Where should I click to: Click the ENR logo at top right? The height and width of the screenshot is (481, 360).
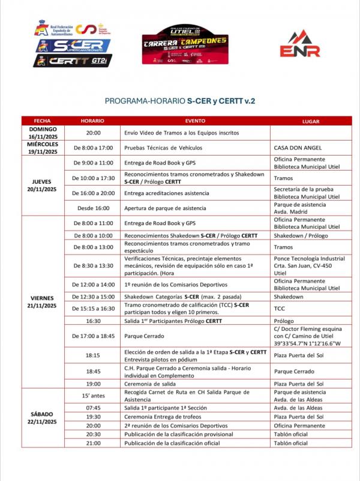pyautogui.click(x=300, y=44)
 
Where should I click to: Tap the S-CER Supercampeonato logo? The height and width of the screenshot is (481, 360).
pyautogui.click(x=73, y=45)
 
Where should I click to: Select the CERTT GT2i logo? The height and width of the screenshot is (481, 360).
pyautogui.click(x=73, y=61)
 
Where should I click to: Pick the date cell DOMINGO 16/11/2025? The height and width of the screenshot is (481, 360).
pyautogui.click(x=43, y=133)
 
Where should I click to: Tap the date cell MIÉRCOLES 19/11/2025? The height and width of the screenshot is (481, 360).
pyautogui.click(x=43, y=148)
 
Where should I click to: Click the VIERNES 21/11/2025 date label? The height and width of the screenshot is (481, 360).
pyautogui.click(x=43, y=302)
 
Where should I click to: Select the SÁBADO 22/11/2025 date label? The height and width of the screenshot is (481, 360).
pyautogui.click(x=43, y=418)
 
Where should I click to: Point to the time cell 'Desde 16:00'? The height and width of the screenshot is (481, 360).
pyautogui.click(x=93, y=208)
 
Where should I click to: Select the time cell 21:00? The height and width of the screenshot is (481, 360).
pyautogui.click(x=93, y=443)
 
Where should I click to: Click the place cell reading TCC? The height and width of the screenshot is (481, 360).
pyautogui.click(x=280, y=308)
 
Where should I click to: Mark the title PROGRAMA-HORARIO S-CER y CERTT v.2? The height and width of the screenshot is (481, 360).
pyautogui.click(x=180, y=101)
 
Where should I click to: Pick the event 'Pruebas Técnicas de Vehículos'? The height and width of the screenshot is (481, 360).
pyautogui.click(x=163, y=148)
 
